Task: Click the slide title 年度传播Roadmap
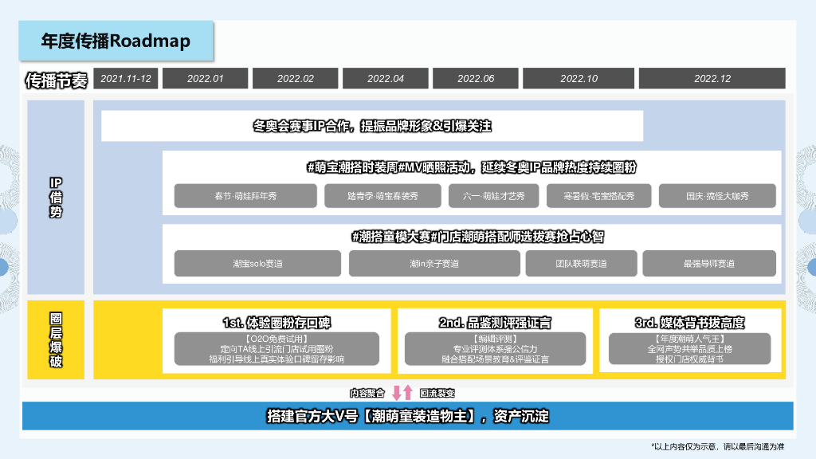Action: coord(116,41)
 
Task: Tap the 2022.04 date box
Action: coord(386,78)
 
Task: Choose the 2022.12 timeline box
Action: coord(712,78)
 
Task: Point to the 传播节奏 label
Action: coord(56,80)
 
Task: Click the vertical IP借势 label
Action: coord(56,198)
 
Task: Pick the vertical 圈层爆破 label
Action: coord(56,340)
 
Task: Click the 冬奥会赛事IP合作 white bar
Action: coord(372,126)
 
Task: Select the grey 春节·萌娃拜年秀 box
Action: coord(245,196)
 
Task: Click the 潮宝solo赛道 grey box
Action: coord(257,264)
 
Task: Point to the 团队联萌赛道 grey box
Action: coord(581,264)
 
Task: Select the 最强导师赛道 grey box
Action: coord(708,264)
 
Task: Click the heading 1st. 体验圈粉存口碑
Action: coord(277,323)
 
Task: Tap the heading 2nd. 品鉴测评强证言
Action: coord(495,323)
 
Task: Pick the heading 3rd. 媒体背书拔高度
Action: coord(690,323)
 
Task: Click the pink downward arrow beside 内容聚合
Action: coord(396,392)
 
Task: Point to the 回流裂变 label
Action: coord(437,393)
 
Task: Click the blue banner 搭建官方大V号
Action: coord(407,416)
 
